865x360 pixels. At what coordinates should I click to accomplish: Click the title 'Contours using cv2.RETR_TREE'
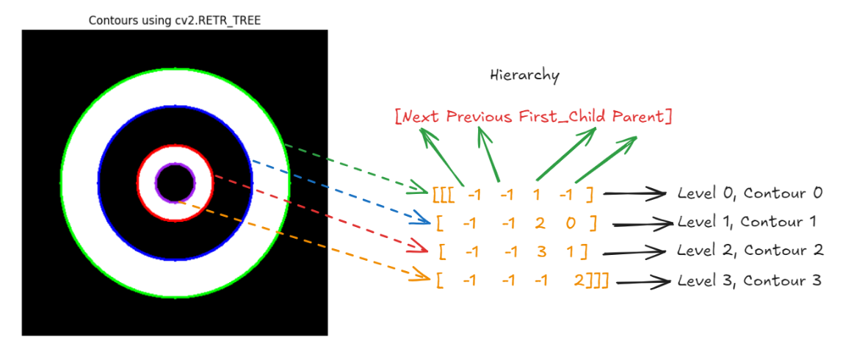(174, 21)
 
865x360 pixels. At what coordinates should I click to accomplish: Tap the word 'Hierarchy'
(524, 75)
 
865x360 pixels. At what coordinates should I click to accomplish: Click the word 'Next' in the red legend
(421, 117)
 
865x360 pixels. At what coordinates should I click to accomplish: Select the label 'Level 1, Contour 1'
(746, 221)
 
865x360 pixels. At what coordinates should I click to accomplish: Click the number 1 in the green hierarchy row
(536, 195)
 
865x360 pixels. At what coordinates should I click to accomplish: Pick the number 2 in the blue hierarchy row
(540, 223)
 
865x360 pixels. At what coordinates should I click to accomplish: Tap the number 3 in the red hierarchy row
(541, 252)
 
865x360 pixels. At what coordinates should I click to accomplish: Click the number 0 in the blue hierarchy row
(571, 223)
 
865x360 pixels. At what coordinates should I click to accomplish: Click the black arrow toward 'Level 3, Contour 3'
(644, 281)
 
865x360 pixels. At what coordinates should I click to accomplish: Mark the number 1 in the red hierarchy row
(570, 252)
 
